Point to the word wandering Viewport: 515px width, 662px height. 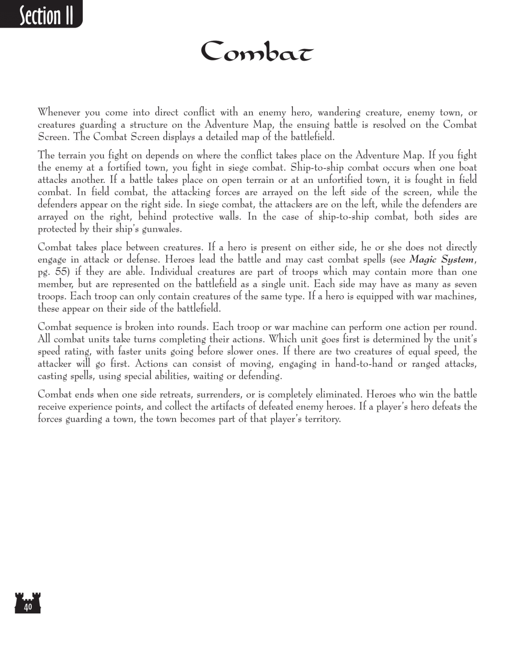click(x=339, y=112)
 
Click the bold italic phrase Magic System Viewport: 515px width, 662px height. click(x=441, y=260)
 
